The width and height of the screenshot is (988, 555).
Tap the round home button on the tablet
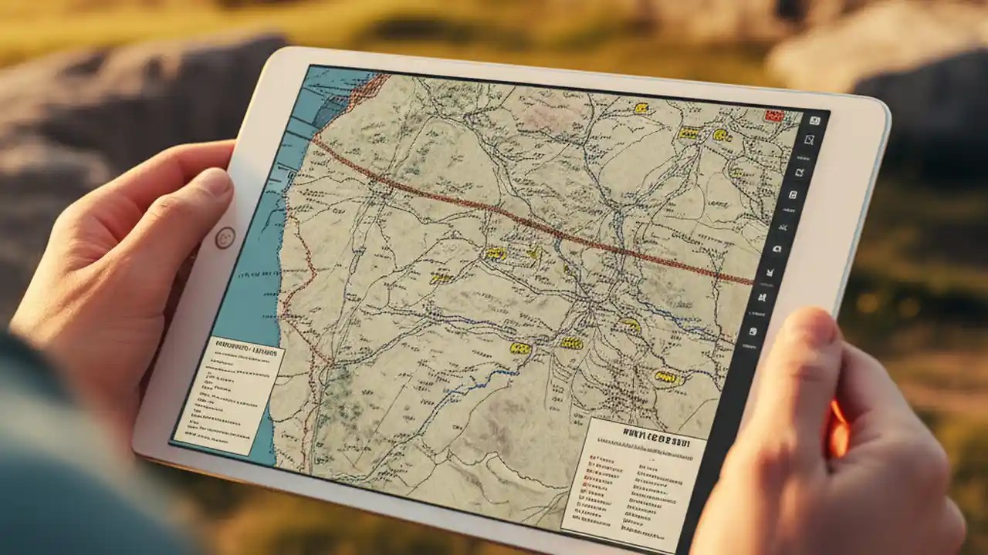point(225,237)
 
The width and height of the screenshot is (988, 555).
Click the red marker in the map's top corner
point(773,116)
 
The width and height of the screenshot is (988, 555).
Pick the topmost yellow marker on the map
point(641,109)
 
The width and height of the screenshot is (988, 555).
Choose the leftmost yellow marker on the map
point(441,277)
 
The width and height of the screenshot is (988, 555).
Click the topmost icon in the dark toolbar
point(815,120)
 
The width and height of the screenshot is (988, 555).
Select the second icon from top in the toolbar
point(810,140)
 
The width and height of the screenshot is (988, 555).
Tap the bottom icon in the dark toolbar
point(753,331)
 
